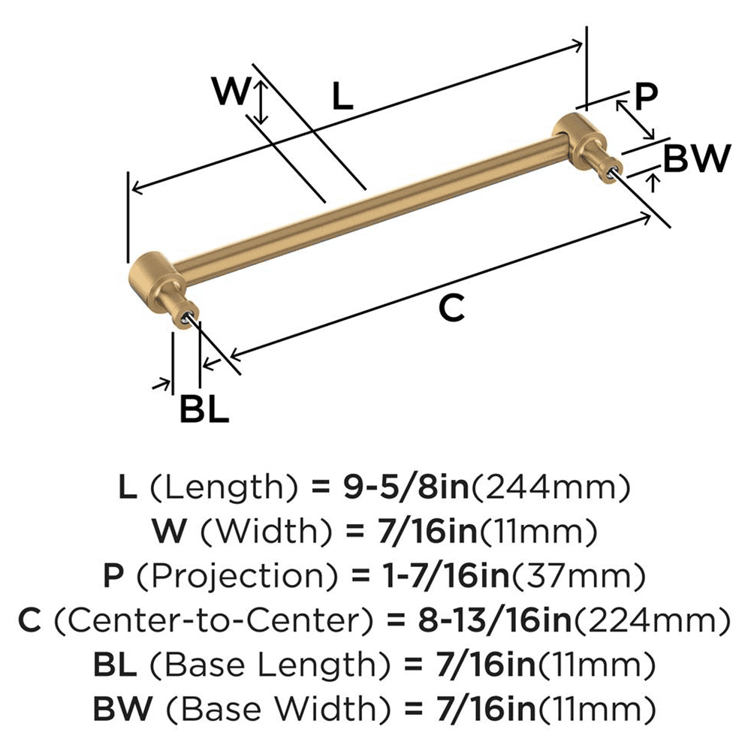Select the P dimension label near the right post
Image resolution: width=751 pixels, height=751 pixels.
tap(645, 96)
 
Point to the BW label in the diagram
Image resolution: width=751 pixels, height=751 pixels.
tap(696, 158)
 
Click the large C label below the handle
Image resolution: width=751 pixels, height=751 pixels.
tap(451, 308)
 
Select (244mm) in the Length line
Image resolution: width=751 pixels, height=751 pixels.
tap(549, 489)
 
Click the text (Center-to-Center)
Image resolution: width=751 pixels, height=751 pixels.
tap(216, 620)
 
